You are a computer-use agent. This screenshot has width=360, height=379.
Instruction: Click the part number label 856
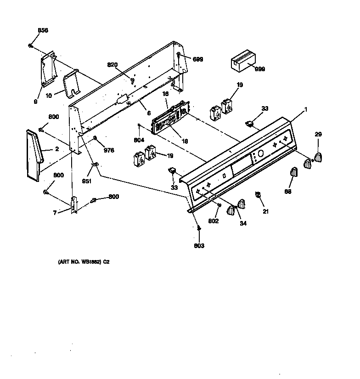42,30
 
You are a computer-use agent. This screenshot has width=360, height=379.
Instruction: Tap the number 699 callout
197,59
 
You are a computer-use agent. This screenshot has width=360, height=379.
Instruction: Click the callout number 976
109,150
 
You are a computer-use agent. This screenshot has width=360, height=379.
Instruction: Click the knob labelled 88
294,174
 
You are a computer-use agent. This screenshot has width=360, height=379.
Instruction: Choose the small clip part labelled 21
259,197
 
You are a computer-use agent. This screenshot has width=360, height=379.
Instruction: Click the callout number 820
112,65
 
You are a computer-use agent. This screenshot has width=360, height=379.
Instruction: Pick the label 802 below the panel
213,221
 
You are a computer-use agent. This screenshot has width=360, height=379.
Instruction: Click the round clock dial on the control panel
260,153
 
